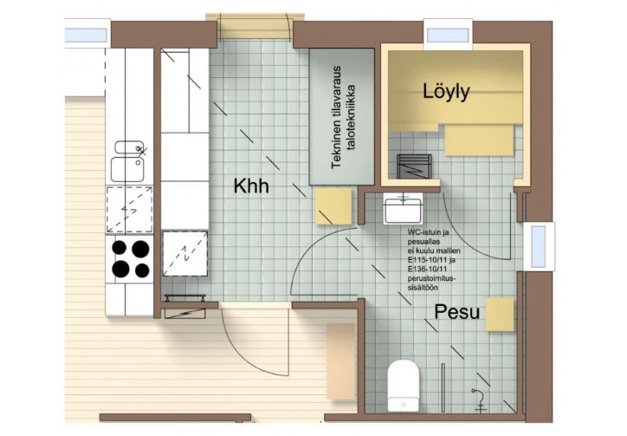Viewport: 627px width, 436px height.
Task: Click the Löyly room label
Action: pyautogui.click(x=446, y=93)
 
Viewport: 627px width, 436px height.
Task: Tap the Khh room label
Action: pyautogui.click(x=251, y=186)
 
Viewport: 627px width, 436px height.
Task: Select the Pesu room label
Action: pyautogui.click(x=456, y=312)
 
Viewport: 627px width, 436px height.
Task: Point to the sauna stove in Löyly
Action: pyautogui.click(x=414, y=166)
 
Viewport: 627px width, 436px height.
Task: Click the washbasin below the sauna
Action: pyautogui.click(x=403, y=209)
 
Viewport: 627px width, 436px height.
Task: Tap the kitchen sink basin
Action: pyautogui.click(x=127, y=169)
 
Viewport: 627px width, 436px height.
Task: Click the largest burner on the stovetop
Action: pyautogui.click(x=140, y=249)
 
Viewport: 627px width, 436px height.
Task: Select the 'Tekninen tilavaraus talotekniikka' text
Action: pyautogui.click(x=343, y=117)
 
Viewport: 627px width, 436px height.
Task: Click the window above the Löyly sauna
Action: pyautogui.click(x=448, y=36)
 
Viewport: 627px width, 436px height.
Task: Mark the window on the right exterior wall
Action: pyautogui.click(x=539, y=246)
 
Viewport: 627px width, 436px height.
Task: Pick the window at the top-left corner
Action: pyautogui.click(x=86, y=36)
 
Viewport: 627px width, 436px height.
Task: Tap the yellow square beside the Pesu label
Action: pyautogui.click(x=500, y=315)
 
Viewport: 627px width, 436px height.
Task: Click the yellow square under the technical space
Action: pyautogui.click(x=333, y=206)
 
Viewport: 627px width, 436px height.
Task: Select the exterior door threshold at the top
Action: pyautogui.click(x=255, y=26)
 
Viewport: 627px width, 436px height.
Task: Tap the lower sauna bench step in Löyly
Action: pyautogui.click(x=479, y=140)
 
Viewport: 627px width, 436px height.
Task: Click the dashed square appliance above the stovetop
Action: pyautogui.click(x=129, y=209)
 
